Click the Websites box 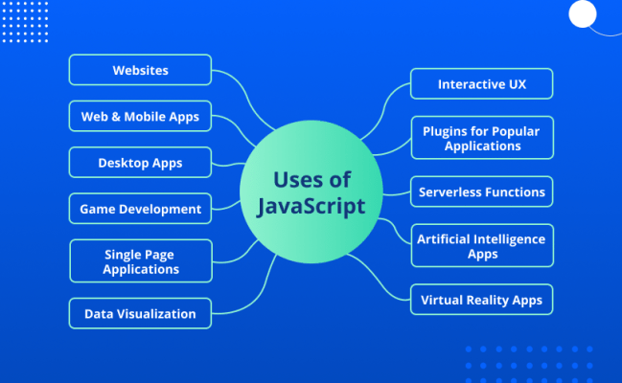pyautogui.click(x=140, y=70)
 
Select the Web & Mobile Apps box pyautogui.click(x=140, y=117)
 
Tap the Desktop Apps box pyautogui.click(x=140, y=163)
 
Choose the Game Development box pyautogui.click(x=140, y=209)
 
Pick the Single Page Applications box pyautogui.click(x=141, y=261)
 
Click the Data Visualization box pyautogui.click(x=140, y=313)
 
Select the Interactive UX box pyautogui.click(x=482, y=84)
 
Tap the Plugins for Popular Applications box pyautogui.click(x=482, y=139)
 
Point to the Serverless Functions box pyautogui.click(x=482, y=191)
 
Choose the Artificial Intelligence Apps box pyautogui.click(x=482, y=245)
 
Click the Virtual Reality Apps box pyautogui.click(x=482, y=300)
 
